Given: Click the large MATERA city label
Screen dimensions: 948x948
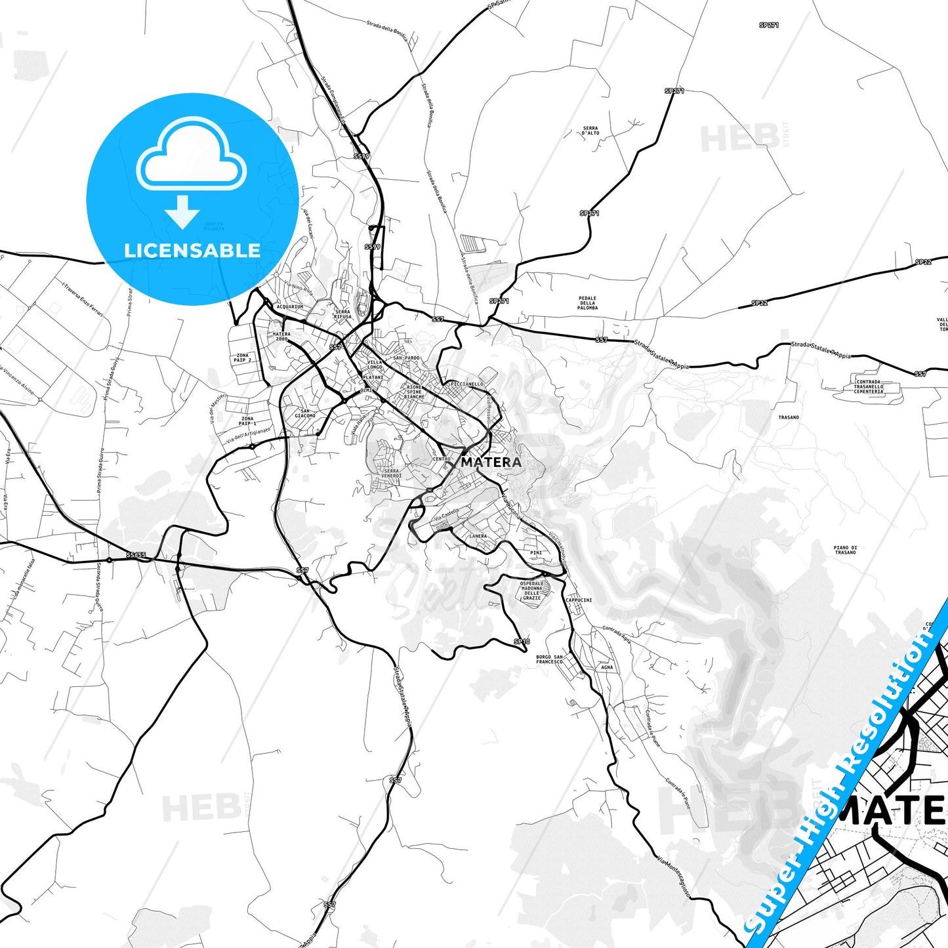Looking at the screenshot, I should click(491, 462).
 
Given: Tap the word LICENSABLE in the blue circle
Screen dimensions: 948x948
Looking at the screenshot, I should click(192, 250).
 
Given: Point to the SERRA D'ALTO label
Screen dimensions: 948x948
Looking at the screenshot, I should click(590, 131).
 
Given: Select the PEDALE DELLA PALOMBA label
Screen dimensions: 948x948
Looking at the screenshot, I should click(587, 303).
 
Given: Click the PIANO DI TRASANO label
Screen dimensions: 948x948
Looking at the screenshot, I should click(845, 550).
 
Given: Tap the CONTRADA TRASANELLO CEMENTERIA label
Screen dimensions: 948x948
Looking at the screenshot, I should click(869, 386).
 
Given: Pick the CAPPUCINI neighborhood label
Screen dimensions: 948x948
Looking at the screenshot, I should click(579, 600).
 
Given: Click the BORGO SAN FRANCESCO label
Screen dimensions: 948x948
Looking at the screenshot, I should click(549, 659).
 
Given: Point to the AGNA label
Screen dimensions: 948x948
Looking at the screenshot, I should click(607, 667).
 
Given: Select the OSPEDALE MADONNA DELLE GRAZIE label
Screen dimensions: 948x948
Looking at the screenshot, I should click(531, 590).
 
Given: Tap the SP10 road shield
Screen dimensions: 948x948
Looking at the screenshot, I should click(521, 642).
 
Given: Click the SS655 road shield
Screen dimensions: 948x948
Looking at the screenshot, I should click(136, 555).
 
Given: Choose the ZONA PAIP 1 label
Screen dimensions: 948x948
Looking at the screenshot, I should click(247, 421).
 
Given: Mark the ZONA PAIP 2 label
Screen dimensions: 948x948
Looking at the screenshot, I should click(242, 358).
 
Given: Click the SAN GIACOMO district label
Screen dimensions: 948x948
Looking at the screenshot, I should click(304, 413).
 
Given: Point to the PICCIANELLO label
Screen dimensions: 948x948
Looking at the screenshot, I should click(467, 384).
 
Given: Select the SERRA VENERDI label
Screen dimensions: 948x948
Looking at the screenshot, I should click(391, 473).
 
